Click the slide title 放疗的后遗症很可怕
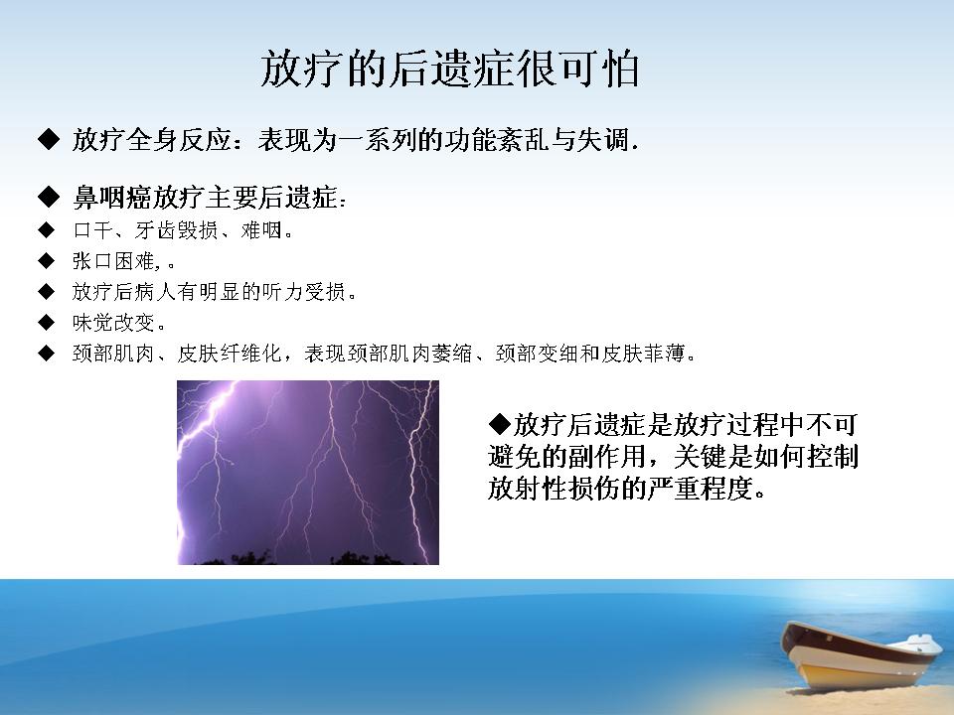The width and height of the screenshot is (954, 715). (449, 69)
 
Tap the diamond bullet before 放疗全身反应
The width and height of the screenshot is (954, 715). (49, 139)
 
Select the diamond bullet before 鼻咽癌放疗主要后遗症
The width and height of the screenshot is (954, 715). (49, 197)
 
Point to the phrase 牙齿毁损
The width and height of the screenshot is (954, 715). (177, 229)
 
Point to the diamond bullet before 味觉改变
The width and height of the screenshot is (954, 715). (47, 322)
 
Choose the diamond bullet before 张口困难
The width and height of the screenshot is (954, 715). (47, 261)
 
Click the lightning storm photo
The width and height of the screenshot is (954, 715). (308, 473)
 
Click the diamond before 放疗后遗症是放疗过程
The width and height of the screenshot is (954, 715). (500, 424)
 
